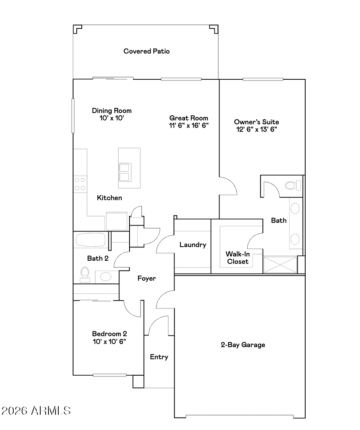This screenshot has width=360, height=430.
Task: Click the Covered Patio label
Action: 146,51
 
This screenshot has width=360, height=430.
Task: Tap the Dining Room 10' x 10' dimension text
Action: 112,118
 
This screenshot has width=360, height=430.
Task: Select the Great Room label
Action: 189,118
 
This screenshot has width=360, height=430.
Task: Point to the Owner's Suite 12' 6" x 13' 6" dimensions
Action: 256,129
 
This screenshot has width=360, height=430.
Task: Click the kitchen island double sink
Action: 125,172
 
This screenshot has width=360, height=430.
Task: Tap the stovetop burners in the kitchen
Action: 80,184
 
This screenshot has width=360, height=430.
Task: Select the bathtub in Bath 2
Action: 91,240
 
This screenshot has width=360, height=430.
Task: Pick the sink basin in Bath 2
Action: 106,276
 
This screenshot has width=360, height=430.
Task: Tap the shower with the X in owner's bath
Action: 280,265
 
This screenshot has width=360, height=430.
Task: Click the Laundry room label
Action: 193,245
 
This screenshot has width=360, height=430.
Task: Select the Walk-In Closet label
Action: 238,258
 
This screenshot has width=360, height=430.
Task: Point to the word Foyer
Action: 147,279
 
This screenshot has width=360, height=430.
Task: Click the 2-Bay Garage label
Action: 243,345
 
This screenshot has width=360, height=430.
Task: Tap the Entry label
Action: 159,357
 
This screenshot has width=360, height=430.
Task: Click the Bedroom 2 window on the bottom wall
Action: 110,375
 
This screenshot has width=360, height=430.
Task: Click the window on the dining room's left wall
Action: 73,116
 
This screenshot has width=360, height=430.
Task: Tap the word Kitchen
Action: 109,198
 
